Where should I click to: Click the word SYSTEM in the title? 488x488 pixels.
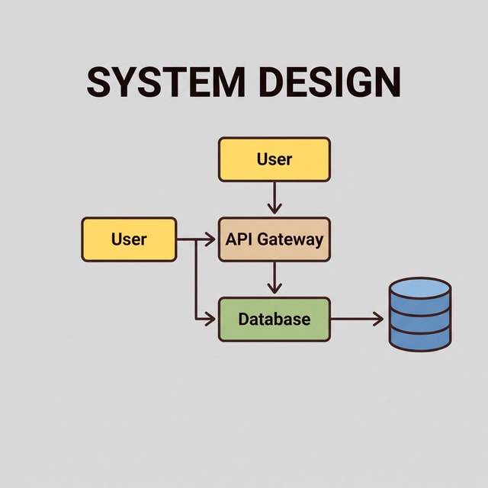[x=165, y=82]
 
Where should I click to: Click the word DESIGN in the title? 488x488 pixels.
[x=331, y=82]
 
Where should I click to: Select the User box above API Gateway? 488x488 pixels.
[x=274, y=159]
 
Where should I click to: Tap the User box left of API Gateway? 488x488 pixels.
[x=129, y=239]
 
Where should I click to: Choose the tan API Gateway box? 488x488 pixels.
[x=274, y=239]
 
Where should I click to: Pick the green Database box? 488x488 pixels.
[x=274, y=319]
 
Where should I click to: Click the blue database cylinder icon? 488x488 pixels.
[x=420, y=314]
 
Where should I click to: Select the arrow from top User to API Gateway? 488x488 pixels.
[x=274, y=197]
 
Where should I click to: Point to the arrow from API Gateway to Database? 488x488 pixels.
[x=274, y=278]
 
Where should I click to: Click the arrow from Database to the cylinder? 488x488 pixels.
[x=357, y=319]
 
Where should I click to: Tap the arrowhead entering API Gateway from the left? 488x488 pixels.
[x=210, y=239]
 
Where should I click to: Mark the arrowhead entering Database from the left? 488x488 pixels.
[x=210, y=319]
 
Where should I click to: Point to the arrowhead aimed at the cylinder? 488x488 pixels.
[x=378, y=319]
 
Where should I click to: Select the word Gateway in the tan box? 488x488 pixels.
[x=291, y=240]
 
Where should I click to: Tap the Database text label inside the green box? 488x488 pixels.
[x=274, y=319]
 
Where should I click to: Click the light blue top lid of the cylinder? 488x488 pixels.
[x=420, y=288]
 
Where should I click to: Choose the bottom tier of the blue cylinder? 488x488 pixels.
[x=420, y=340]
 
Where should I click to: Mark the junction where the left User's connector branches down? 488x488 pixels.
[x=196, y=239]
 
